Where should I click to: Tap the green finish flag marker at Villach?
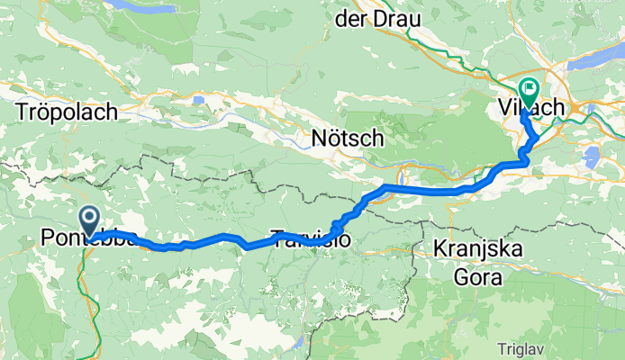tap(528, 90)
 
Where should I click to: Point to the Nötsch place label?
tap(348, 139)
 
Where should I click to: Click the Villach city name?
tap(531, 107)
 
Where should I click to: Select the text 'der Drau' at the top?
tap(371, 18)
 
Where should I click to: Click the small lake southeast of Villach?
tap(592, 159)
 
